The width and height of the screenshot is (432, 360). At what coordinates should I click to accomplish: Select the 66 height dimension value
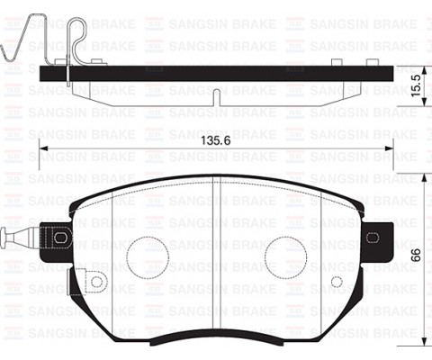(415, 255)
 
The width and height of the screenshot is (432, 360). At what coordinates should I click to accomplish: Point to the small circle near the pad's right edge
(337, 282)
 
